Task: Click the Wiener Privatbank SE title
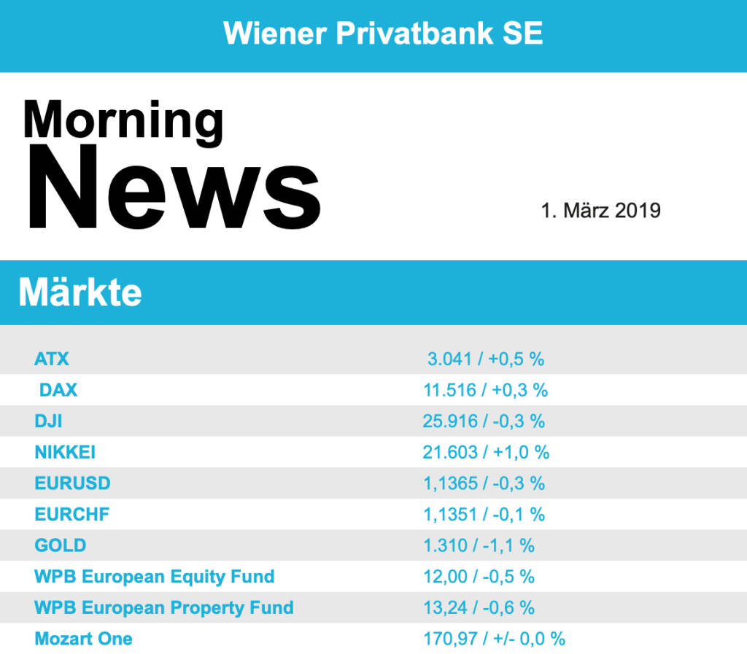point(383,34)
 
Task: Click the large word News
point(174,188)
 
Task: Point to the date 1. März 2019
point(600,211)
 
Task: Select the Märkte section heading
point(80,292)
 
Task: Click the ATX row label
point(52,359)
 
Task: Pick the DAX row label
point(58,390)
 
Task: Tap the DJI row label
point(49,421)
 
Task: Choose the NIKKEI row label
point(65,453)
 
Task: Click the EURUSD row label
point(72,483)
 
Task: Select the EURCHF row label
point(71,515)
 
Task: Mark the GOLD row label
point(60,545)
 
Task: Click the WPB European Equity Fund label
point(154,577)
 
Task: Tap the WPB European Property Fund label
point(163,608)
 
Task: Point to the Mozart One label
point(83,639)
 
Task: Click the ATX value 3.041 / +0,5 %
point(486,359)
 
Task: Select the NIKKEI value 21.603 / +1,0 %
point(486,453)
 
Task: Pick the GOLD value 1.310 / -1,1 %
point(479,545)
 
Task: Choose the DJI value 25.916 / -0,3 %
point(484,421)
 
